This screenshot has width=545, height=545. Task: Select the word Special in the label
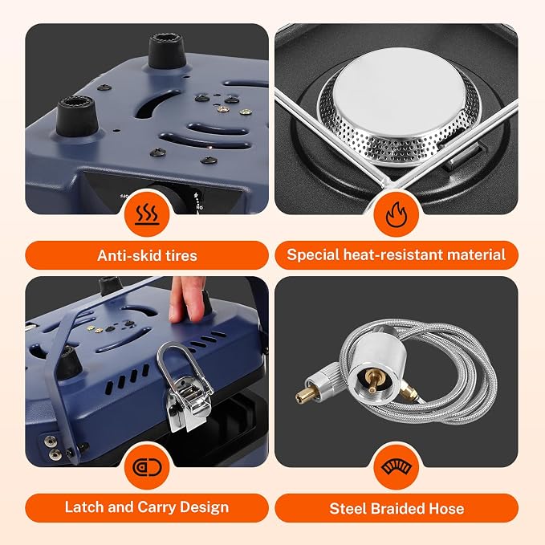313,255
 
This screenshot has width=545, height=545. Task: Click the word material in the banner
476,254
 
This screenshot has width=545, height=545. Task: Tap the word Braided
397,509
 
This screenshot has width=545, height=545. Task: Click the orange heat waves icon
147,214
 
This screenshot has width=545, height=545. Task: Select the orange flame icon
397,214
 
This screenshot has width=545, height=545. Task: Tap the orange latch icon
147,467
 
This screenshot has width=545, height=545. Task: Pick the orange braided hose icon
397,467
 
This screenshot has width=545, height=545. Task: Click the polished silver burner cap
399,91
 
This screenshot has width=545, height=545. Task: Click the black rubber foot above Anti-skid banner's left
77,116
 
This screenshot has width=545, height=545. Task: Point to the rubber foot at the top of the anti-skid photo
167,51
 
